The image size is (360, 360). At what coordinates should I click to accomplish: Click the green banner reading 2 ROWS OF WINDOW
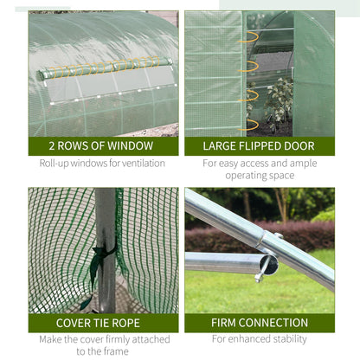[102, 146]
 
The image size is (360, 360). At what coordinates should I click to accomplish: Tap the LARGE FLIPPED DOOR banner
[259, 146]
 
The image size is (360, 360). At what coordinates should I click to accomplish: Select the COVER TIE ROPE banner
[102, 323]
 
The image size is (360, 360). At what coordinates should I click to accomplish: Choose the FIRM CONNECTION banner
[259, 323]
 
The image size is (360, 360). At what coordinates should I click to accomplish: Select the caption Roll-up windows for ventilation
[102, 163]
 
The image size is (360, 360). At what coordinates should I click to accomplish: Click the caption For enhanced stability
[259, 339]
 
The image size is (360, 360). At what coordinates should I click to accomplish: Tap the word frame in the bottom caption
[115, 350]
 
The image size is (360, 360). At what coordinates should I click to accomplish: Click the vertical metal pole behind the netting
[106, 216]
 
